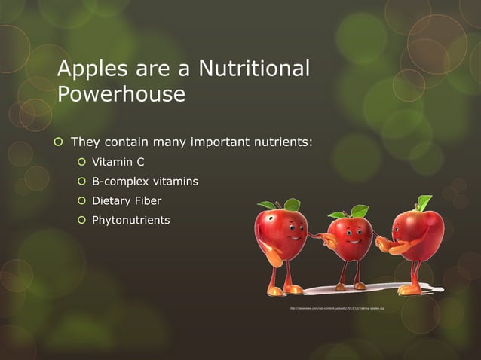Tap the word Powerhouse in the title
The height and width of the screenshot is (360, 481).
121,94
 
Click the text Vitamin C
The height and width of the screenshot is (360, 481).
118,161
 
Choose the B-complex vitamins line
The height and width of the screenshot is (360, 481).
146,182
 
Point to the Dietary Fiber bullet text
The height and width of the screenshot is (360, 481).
127,201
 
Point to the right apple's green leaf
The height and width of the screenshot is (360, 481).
424,202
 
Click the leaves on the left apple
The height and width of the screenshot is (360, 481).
280,204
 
